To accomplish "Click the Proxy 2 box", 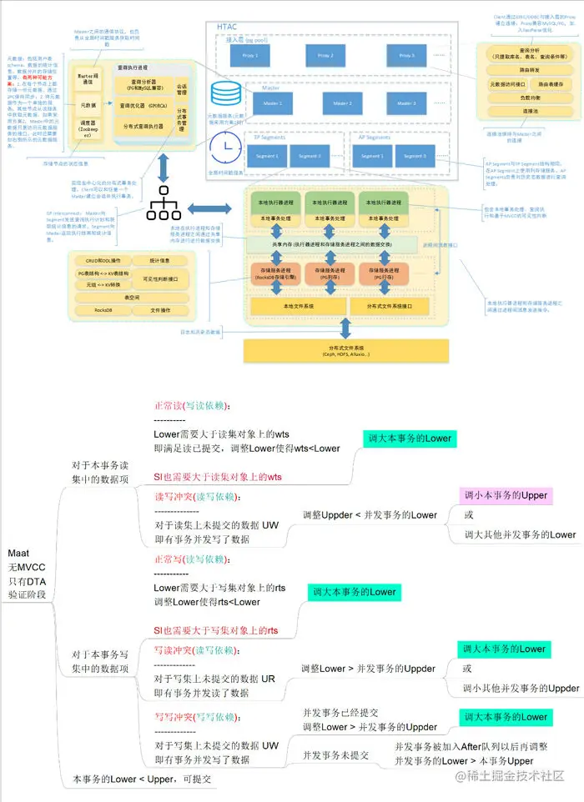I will point(326,57).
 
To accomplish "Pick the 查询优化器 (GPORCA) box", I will point(146,106).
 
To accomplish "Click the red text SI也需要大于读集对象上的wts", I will point(218,477).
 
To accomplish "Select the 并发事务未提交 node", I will point(335,754).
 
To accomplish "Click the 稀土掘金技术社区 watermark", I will point(516,775).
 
